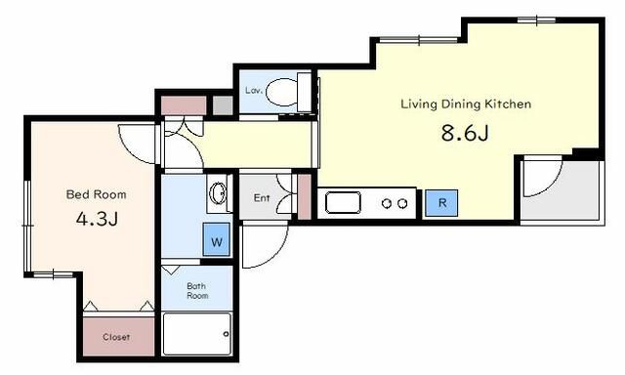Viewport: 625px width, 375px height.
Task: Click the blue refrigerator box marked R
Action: click(x=441, y=203)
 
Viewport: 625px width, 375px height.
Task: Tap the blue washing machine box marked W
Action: click(x=217, y=239)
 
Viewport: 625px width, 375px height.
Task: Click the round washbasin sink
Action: click(x=218, y=193)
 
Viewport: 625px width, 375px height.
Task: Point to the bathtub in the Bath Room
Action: click(x=197, y=334)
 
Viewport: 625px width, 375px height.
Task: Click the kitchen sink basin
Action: click(x=343, y=203)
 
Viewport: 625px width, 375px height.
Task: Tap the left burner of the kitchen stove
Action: click(x=387, y=204)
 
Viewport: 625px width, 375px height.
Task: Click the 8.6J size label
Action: click(x=465, y=133)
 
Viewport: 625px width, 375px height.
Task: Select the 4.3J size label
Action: click(x=97, y=219)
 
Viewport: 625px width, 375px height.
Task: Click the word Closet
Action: click(x=116, y=337)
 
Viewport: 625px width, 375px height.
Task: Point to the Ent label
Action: click(x=262, y=197)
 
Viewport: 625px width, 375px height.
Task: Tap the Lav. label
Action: click(x=254, y=91)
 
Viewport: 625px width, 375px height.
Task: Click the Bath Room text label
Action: click(x=197, y=291)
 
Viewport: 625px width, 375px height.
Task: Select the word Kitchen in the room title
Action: click(x=508, y=104)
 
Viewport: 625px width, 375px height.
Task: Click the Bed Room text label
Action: click(x=96, y=194)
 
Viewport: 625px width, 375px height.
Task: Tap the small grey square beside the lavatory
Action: click(x=223, y=105)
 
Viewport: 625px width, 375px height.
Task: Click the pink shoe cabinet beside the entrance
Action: click(x=305, y=196)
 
